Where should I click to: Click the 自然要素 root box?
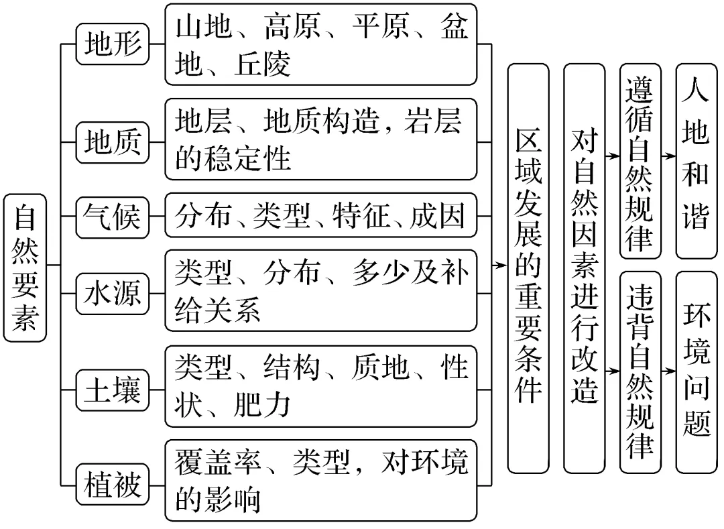click(25, 267)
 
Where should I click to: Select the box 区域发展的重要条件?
click(528, 267)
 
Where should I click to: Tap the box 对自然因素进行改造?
click(584, 267)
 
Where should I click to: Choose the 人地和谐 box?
click(696, 161)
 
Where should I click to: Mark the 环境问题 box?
click(696, 371)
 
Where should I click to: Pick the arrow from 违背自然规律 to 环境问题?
click(668, 371)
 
